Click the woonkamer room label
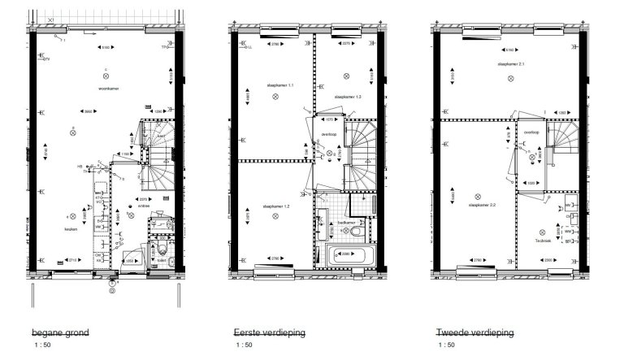point(109,86)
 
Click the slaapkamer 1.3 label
point(347,97)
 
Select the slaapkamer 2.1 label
point(511,63)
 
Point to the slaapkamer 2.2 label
point(483,206)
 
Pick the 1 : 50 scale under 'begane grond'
point(43,345)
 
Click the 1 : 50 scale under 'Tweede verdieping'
point(446,345)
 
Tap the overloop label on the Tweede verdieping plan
point(532,132)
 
